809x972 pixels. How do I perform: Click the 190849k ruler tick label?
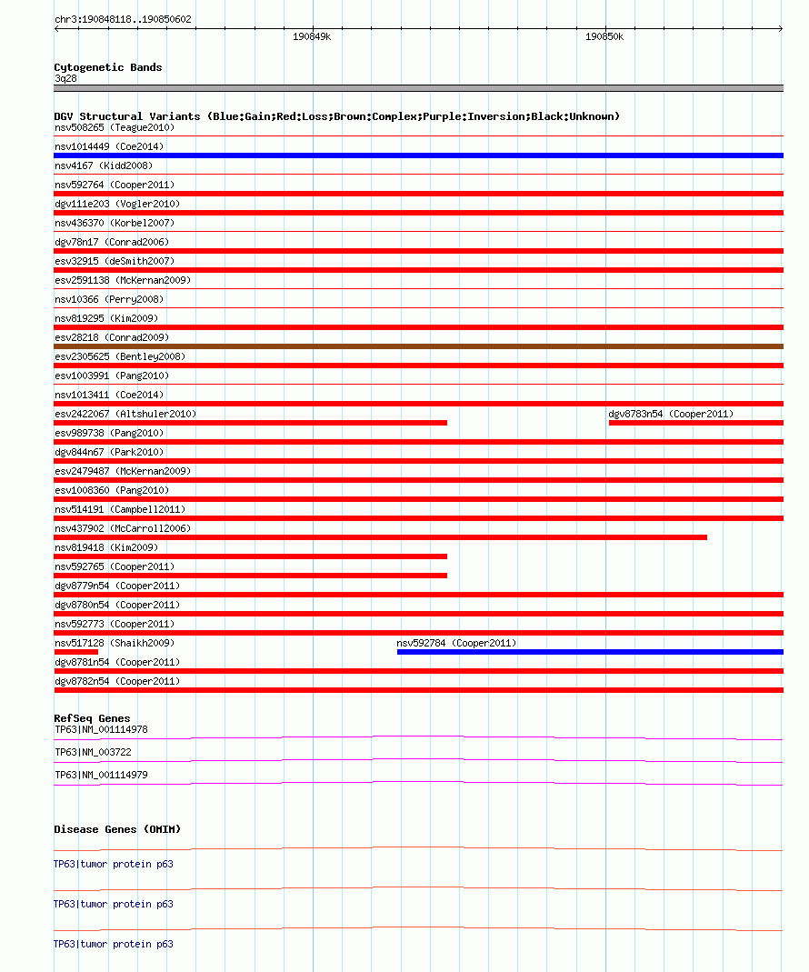[x=312, y=37]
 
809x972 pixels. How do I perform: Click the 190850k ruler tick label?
[x=604, y=37]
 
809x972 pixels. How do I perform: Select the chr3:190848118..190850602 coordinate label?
[x=123, y=19]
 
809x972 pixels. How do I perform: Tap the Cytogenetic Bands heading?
[x=107, y=67]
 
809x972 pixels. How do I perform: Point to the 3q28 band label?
[x=66, y=78]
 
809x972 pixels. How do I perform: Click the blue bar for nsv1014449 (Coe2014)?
[x=418, y=155]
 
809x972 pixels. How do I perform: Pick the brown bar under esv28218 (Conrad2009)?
[x=418, y=346]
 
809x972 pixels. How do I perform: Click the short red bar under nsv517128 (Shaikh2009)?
[x=75, y=652]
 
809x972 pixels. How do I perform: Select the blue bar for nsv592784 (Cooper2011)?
[x=590, y=652]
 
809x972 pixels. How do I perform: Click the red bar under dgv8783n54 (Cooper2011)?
[x=695, y=423]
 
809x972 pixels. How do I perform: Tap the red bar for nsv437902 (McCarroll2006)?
[x=380, y=537]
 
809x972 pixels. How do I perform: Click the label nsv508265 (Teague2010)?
[x=114, y=127]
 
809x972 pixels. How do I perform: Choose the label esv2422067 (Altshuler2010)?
[x=125, y=414]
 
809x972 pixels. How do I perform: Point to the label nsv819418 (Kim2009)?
[x=105, y=547]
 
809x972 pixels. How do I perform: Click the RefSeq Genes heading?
[x=92, y=718]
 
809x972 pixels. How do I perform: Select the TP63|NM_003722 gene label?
[x=93, y=752]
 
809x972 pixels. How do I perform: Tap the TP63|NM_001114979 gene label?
[x=101, y=775]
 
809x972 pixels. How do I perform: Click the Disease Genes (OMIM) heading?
[x=117, y=829]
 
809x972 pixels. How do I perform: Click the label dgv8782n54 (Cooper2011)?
[x=116, y=681]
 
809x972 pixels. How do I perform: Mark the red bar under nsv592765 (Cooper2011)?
[x=250, y=576]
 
